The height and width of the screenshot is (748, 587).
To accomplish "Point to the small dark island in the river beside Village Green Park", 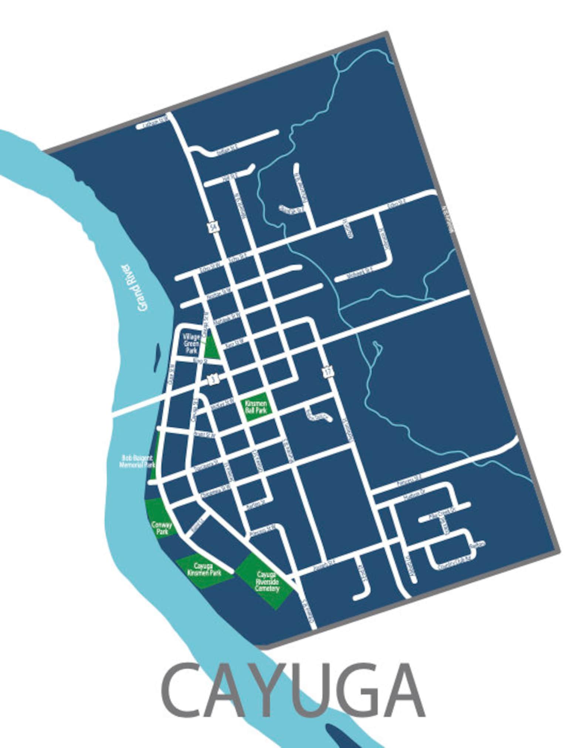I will pos(157,358).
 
